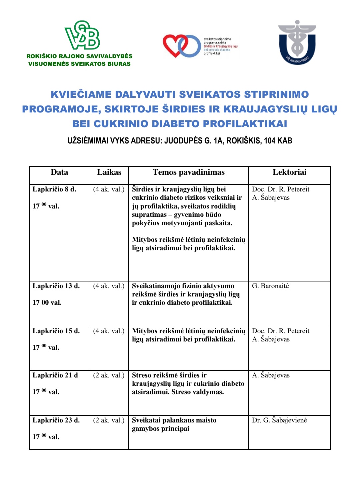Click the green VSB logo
(x=82, y=35)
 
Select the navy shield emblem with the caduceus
(x=297, y=43)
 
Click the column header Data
(x=59, y=172)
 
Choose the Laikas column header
(x=109, y=172)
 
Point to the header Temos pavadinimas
(x=188, y=172)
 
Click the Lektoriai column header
(x=289, y=172)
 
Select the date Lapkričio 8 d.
(x=54, y=189)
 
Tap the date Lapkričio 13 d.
(x=56, y=286)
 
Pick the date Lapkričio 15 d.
(x=56, y=331)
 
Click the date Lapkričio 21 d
(x=55, y=375)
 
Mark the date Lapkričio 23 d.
(x=56, y=420)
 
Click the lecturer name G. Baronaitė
(x=270, y=286)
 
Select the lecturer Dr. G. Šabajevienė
(x=279, y=420)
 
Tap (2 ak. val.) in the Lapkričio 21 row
(x=109, y=375)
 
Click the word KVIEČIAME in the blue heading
(x=81, y=94)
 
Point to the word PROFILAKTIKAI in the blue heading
(x=245, y=124)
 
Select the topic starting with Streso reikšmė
(x=188, y=384)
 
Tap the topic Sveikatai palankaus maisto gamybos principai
(x=174, y=424)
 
